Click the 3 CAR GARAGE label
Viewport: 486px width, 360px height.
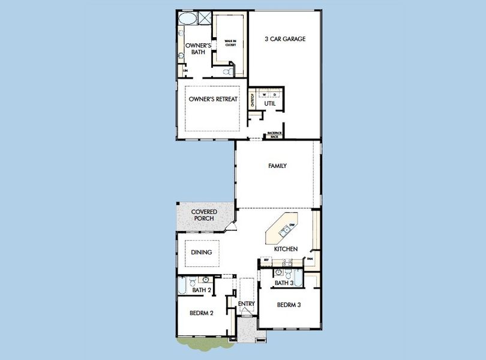pos(285,39)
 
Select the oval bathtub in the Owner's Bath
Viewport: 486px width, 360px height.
pos(187,18)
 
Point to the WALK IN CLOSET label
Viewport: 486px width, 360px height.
pos(230,43)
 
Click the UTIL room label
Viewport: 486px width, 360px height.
pos(269,103)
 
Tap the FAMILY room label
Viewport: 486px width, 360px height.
pos(277,166)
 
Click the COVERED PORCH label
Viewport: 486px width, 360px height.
pos(204,215)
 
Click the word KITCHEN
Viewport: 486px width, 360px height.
pos(286,248)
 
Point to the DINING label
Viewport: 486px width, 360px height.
pos(202,253)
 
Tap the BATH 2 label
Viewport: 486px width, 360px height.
pos(202,290)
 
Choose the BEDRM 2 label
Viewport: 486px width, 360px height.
pos(202,313)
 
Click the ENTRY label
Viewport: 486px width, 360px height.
pos(247,304)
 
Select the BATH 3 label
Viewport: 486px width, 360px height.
pos(284,283)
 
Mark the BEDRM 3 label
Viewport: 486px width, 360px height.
pos(289,305)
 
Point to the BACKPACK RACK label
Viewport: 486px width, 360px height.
pos(274,135)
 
